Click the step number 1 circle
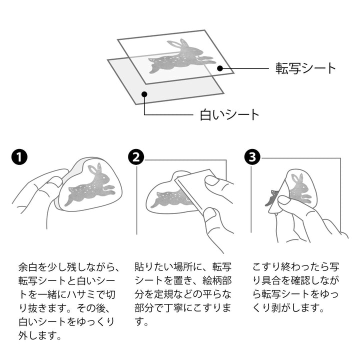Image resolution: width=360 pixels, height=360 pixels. [19, 158]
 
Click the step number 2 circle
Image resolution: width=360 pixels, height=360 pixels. [136, 158]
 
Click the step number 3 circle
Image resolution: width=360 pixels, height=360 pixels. [252, 158]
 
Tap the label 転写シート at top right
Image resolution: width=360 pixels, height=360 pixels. [306, 68]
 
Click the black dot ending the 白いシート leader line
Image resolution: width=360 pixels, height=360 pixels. [144, 93]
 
